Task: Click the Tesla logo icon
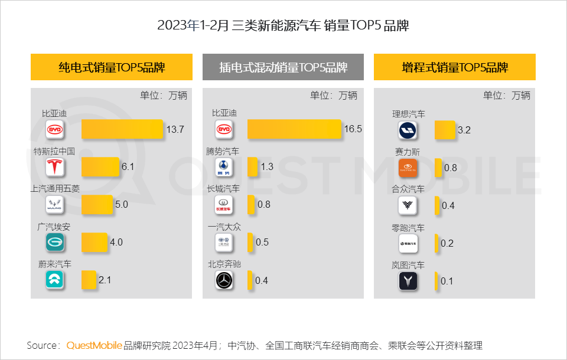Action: coord(55,167)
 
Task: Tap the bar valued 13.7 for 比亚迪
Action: coord(122,129)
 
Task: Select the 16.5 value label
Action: coord(353,129)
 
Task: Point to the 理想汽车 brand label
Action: coord(409,114)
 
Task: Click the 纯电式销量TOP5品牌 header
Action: coord(112,67)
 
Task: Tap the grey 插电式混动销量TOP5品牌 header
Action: coord(283,67)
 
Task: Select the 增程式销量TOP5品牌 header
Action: coord(454,67)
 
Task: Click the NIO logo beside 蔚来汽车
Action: coord(55,280)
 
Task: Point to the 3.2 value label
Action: coord(464,130)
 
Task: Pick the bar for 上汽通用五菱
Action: coord(97,205)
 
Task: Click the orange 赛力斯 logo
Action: coord(408,168)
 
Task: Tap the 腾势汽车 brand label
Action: coord(223,152)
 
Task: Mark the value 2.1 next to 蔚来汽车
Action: coord(105,280)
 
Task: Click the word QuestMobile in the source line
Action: coord(94,345)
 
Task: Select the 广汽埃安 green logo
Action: coord(55,243)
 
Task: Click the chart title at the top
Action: coord(283,25)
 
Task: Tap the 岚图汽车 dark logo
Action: coord(408,281)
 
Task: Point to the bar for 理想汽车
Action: coord(445,130)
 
